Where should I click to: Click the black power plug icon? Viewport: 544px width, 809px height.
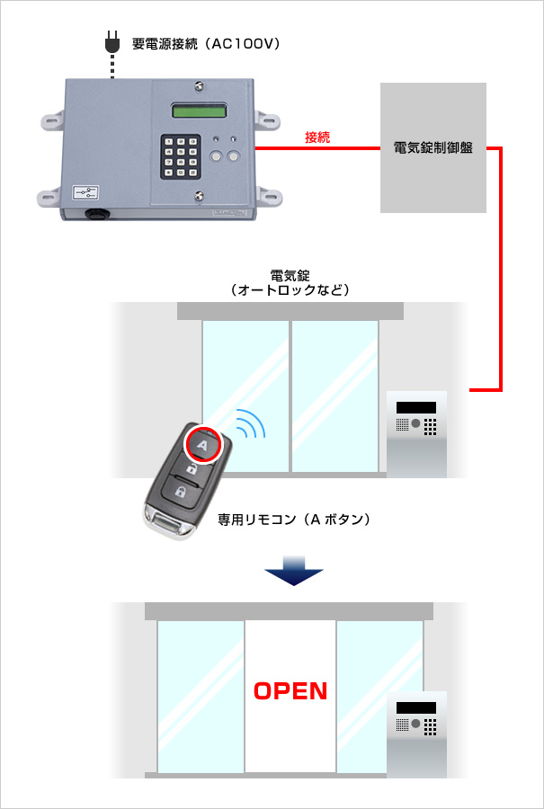click(x=112, y=42)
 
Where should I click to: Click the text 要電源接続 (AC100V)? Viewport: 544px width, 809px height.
click(x=206, y=44)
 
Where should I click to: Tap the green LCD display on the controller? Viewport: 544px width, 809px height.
click(x=199, y=110)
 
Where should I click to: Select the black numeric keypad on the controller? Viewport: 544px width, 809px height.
click(x=180, y=156)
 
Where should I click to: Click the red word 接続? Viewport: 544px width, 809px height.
click(x=317, y=138)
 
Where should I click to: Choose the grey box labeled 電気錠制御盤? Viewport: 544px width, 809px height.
click(x=433, y=147)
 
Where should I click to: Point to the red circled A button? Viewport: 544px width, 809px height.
click(x=202, y=445)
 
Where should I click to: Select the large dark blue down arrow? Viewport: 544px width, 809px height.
click(x=294, y=571)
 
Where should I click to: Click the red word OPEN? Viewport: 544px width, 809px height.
click(x=290, y=691)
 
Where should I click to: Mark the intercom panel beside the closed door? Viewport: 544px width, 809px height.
click(x=416, y=434)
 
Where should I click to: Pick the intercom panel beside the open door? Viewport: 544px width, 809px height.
click(x=416, y=734)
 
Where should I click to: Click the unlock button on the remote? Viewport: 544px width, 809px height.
click(x=192, y=468)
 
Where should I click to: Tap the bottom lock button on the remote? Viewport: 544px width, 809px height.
click(x=180, y=490)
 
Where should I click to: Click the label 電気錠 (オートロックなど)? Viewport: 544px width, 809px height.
click(x=291, y=283)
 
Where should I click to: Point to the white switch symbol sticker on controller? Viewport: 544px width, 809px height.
click(x=85, y=192)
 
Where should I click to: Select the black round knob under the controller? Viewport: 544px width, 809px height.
click(x=95, y=213)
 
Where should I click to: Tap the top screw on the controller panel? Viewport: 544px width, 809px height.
click(x=199, y=87)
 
